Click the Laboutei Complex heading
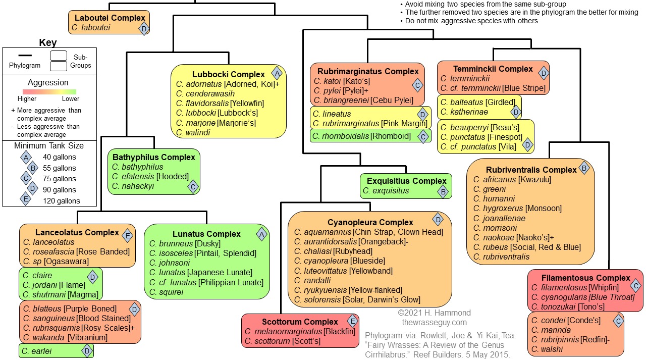(x=110, y=18)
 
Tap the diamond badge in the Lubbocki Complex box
(x=277, y=73)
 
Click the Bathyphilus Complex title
(x=154, y=157)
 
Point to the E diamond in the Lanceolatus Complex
(x=128, y=235)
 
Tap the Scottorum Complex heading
(x=300, y=322)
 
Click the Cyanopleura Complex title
(x=370, y=222)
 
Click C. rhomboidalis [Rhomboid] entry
(x=361, y=136)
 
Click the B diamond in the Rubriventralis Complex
(x=584, y=168)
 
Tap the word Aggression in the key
(x=48, y=82)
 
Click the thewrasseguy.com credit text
(x=434, y=322)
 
